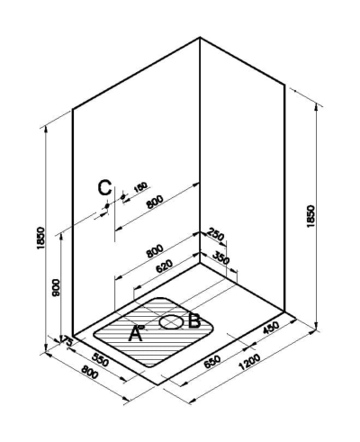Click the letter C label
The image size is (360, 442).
[104, 187]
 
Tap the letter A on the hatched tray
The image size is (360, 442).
[135, 333]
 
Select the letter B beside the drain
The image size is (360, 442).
[194, 320]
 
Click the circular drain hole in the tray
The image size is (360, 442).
[171, 322]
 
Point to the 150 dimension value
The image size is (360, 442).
[140, 187]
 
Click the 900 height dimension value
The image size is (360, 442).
[56, 287]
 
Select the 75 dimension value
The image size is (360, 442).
[67, 341]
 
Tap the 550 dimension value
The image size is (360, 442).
[100, 359]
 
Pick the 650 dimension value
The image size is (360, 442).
[212, 362]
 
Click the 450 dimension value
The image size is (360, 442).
[271, 327]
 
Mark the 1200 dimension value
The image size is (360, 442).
[249, 362]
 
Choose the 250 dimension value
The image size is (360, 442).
[216, 234]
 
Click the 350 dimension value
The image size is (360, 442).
[220, 257]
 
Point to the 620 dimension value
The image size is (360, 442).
[165, 266]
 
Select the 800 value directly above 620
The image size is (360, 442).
[155, 251]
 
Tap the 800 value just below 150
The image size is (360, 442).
[155, 202]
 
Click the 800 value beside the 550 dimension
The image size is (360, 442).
[89, 373]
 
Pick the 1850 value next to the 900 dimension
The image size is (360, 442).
[40, 238]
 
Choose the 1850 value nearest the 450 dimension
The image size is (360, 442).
[310, 216]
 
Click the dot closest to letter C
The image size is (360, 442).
[107, 206]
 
